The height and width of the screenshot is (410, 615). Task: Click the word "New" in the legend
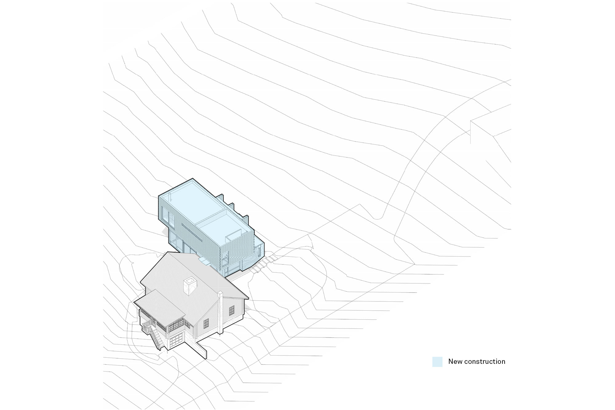pos(455,361)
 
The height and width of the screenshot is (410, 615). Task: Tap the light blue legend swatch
pos(437,362)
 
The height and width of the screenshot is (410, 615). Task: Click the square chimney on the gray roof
pos(189,286)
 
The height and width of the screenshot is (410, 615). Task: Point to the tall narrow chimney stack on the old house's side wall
pos(220,312)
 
